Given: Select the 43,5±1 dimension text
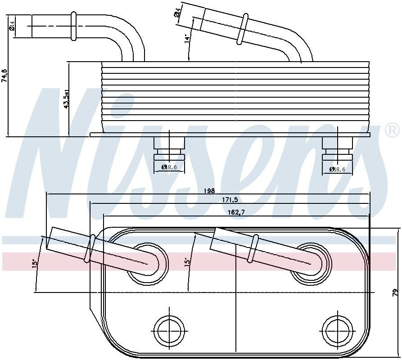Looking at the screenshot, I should click(x=66, y=100).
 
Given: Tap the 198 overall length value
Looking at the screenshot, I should click(x=208, y=191).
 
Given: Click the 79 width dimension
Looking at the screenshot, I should click(x=395, y=292).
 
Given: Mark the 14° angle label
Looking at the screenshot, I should click(x=186, y=39).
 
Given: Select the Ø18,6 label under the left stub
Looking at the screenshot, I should click(x=169, y=167).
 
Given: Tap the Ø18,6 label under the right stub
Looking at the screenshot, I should click(x=338, y=169).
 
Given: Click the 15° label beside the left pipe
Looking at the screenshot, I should click(x=34, y=263).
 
